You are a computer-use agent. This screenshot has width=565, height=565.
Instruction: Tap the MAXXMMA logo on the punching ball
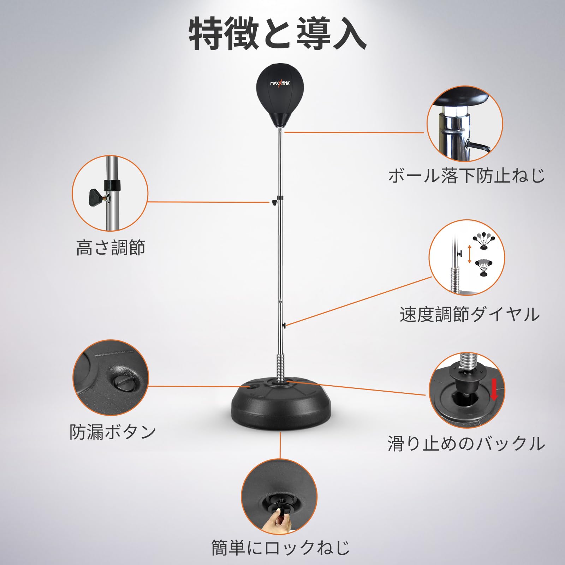pyautogui.click(x=280, y=83)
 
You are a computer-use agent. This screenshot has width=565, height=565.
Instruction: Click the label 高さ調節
pyautogui.click(x=111, y=248)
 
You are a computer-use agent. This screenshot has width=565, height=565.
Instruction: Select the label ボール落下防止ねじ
pyautogui.click(x=466, y=176)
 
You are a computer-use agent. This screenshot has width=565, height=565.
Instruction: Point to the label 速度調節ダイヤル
pyautogui.click(x=470, y=314)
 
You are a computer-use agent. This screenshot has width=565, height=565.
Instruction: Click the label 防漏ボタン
pyautogui.click(x=113, y=432)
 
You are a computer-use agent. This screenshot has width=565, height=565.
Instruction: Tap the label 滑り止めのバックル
pyautogui.click(x=466, y=443)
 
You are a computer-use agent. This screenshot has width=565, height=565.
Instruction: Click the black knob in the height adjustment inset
pyautogui.click(x=95, y=197)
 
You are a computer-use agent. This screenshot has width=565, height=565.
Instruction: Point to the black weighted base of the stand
pyautogui.click(x=281, y=406)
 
